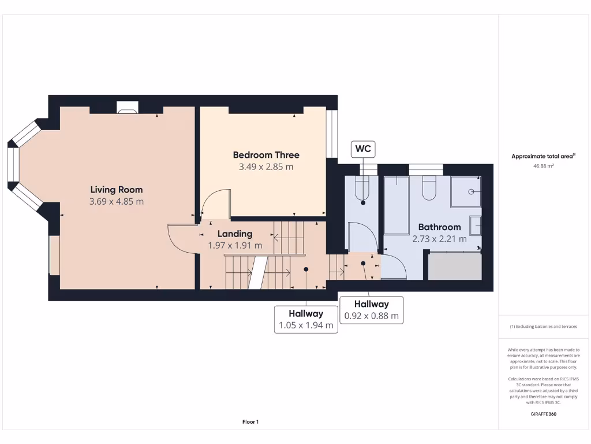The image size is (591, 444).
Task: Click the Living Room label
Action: click(116, 190)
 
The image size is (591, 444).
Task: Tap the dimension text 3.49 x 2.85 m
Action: click(266, 167)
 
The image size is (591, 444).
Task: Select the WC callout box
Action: click(363, 149)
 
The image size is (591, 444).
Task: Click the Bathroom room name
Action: click(439, 227)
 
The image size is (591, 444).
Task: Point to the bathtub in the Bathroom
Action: click(397, 205)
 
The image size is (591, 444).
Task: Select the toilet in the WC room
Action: click(362, 188)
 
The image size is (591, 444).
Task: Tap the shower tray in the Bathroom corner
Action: click(466, 191)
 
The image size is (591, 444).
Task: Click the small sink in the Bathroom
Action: click(476, 225)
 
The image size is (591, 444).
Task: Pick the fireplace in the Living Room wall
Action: click(127, 107)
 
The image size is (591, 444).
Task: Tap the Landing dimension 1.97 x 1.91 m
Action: click(235, 245)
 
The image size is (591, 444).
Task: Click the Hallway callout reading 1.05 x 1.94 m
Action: click(306, 319)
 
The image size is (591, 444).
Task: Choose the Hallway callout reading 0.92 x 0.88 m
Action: click(371, 310)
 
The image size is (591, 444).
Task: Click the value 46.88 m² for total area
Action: click(543, 166)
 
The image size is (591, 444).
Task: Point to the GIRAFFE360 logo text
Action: click(543, 414)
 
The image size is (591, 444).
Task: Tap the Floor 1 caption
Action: click(250, 422)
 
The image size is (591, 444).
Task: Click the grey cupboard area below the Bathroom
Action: click(455, 267)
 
